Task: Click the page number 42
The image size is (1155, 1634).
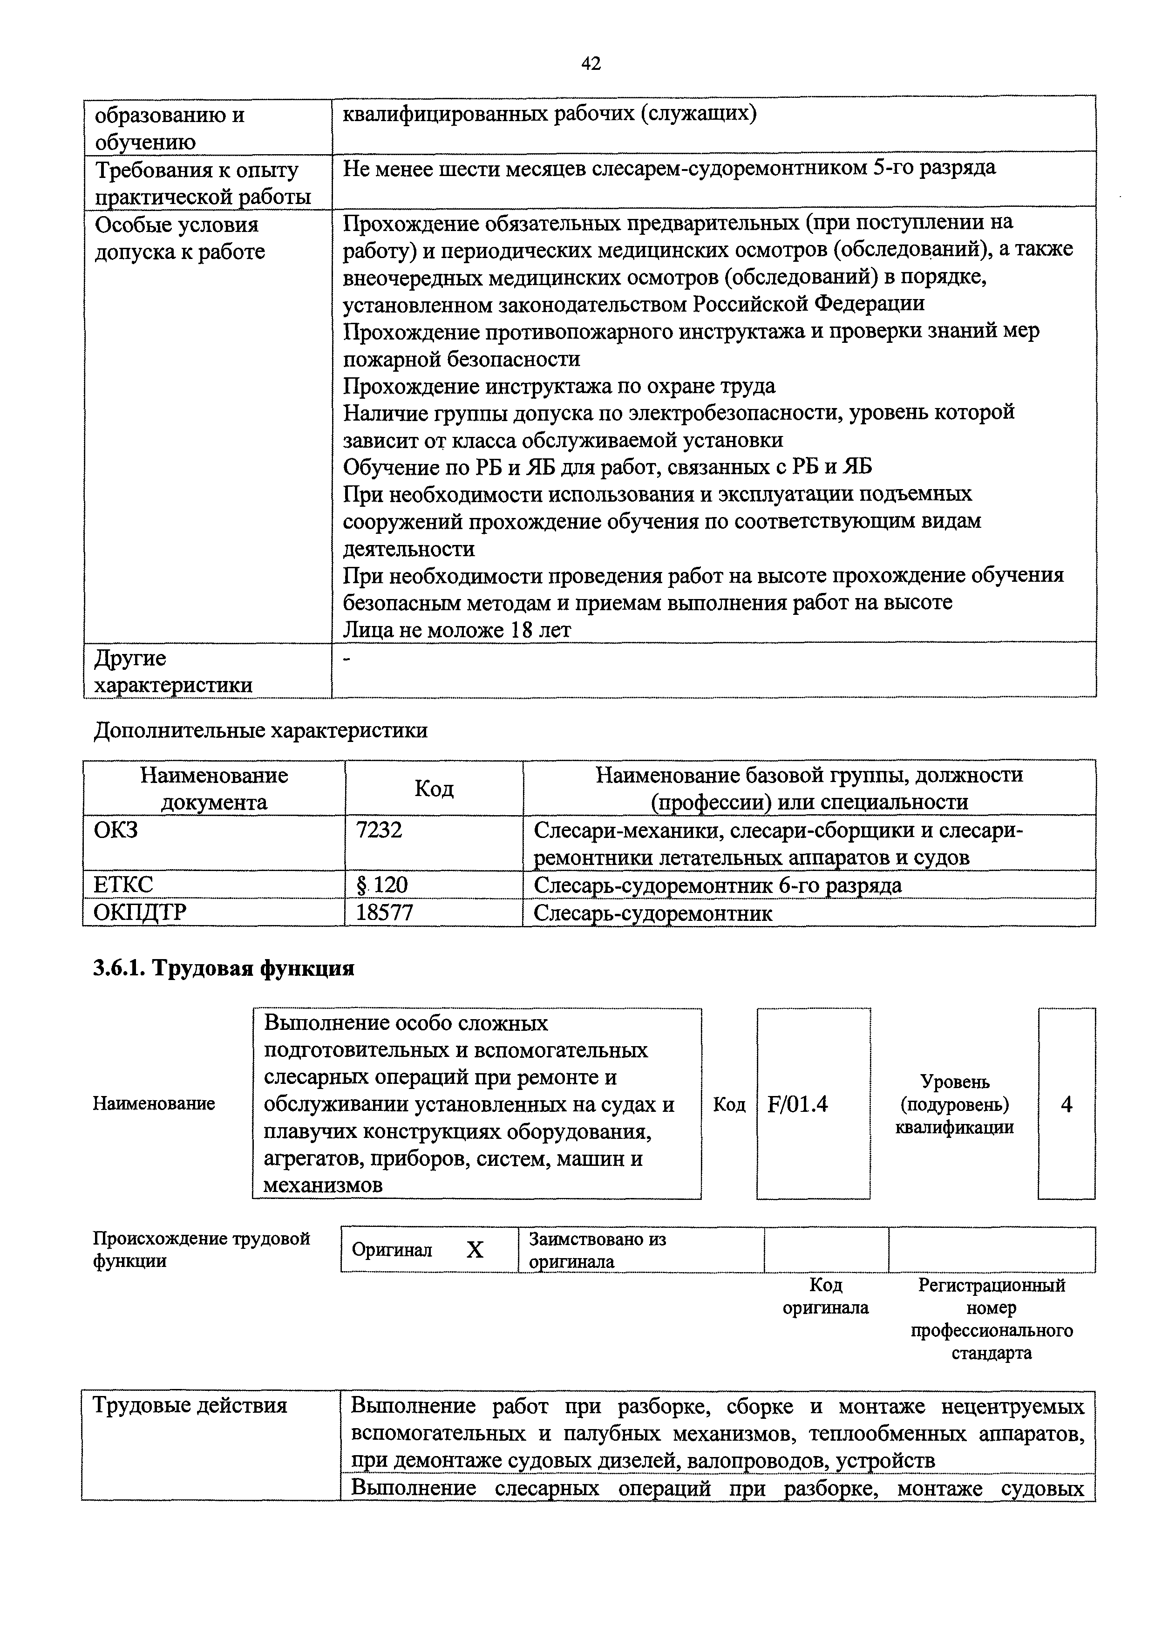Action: coord(591,64)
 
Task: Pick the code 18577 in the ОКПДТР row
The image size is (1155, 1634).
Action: coord(384,912)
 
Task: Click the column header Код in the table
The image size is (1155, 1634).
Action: coord(434,788)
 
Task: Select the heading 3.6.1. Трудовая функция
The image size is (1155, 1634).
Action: coord(224,968)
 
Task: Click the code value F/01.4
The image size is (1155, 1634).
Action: coord(798,1104)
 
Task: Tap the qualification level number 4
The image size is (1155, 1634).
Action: coord(1066,1104)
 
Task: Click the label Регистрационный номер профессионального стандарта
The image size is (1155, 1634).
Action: coord(992,1319)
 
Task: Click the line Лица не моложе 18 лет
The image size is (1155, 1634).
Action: coord(457,630)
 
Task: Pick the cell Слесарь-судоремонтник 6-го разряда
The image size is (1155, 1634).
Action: coord(717,885)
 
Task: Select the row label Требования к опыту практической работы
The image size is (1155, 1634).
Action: coord(203,183)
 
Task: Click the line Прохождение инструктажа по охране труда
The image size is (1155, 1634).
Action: coord(559,386)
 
